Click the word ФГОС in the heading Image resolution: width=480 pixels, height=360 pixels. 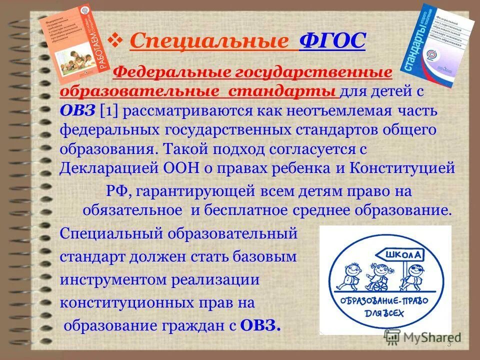pyautogui.click(x=332, y=41)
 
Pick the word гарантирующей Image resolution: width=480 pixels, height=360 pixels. pyautogui.click(x=190, y=191)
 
